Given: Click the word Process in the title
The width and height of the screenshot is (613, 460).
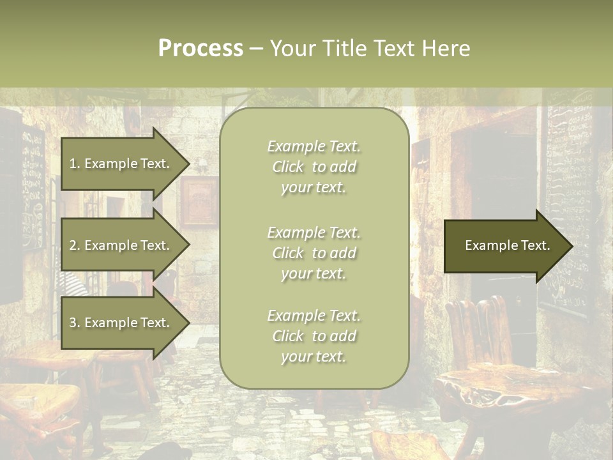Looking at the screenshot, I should pyautogui.click(x=201, y=49).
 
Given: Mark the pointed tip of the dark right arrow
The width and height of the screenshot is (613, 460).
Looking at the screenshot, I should pyautogui.click(x=571, y=246).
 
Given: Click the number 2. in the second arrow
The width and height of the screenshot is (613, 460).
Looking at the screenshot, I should pyautogui.click(x=74, y=245).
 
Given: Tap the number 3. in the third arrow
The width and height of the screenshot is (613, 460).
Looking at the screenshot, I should pyautogui.click(x=74, y=323).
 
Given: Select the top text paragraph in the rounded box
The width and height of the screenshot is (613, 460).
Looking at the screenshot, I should pyautogui.click(x=314, y=167).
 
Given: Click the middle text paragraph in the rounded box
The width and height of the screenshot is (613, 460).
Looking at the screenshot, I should pyautogui.click(x=314, y=253).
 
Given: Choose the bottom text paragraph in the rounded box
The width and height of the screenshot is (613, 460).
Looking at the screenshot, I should pyautogui.click(x=314, y=336).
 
